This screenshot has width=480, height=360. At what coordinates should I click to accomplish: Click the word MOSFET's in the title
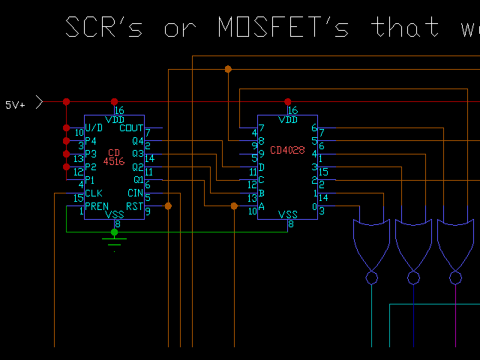tap(283, 28)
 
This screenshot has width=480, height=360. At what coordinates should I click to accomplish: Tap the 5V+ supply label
tap(16, 105)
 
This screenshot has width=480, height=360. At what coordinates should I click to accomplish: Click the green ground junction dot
tap(114, 232)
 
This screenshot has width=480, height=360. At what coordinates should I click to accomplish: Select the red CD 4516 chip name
tap(114, 156)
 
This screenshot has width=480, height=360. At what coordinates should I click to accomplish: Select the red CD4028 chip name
tap(287, 150)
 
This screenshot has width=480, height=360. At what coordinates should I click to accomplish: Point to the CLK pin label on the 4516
tap(93, 193)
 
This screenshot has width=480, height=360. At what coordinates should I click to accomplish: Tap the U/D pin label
tap(94, 129)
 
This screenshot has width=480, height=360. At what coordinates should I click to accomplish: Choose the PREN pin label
tap(97, 205)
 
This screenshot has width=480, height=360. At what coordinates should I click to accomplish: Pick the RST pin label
tap(134, 205)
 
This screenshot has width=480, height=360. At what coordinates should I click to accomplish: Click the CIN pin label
tap(135, 193)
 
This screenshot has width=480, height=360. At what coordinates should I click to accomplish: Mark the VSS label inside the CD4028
tap(288, 214)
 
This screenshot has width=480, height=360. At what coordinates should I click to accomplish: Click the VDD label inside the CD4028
tap(288, 120)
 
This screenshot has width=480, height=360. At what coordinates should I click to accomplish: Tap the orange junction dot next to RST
tap(168, 205)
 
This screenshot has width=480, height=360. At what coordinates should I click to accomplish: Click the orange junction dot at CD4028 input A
tap(234, 205)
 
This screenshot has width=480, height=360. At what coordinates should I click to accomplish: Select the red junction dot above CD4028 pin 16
tap(287, 101)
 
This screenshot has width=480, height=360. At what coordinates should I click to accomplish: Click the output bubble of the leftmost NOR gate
tap(371, 277)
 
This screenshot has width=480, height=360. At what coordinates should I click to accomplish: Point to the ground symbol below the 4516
tap(114, 241)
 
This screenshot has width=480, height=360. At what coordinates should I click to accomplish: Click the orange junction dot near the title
tap(228, 69)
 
